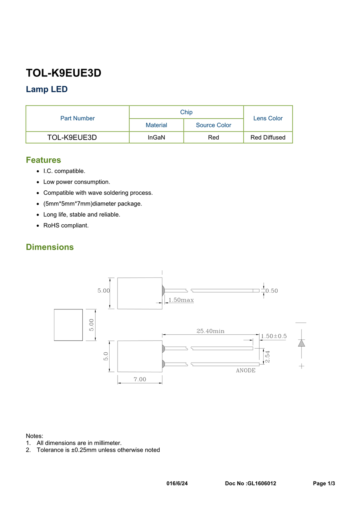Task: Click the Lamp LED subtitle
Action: (x=47, y=89)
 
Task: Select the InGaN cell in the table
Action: (x=156, y=137)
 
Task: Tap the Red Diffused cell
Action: (x=268, y=137)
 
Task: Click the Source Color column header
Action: (x=213, y=125)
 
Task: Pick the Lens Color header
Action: (x=268, y=118)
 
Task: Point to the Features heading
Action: (x=43, y=160)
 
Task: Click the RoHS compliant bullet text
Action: (x=66, y=226)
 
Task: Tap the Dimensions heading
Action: (x=50, y=247)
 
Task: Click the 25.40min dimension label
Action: (x=210, y=331)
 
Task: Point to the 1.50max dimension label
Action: (x=181, y=300)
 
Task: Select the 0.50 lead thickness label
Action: (x=272, y=291)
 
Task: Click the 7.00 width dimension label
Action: (x=140, y=379)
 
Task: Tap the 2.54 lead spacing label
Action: (x=268, y=357)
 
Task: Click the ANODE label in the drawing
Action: (x=245, y=371)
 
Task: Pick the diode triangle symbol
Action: (x=301, y=343)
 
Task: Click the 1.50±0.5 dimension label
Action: (x=274, y=336)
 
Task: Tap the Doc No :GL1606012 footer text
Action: (x=250, y=483)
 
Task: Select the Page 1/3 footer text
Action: (x=324, y=483)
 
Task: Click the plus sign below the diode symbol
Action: (x=301, y=366)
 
